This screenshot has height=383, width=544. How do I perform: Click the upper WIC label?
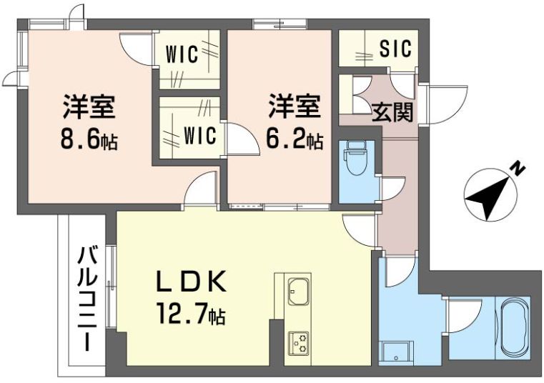tap(182, 54)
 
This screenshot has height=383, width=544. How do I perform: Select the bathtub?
tap(515, 329)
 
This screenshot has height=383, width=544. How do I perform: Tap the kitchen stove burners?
tap(298, 342)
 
